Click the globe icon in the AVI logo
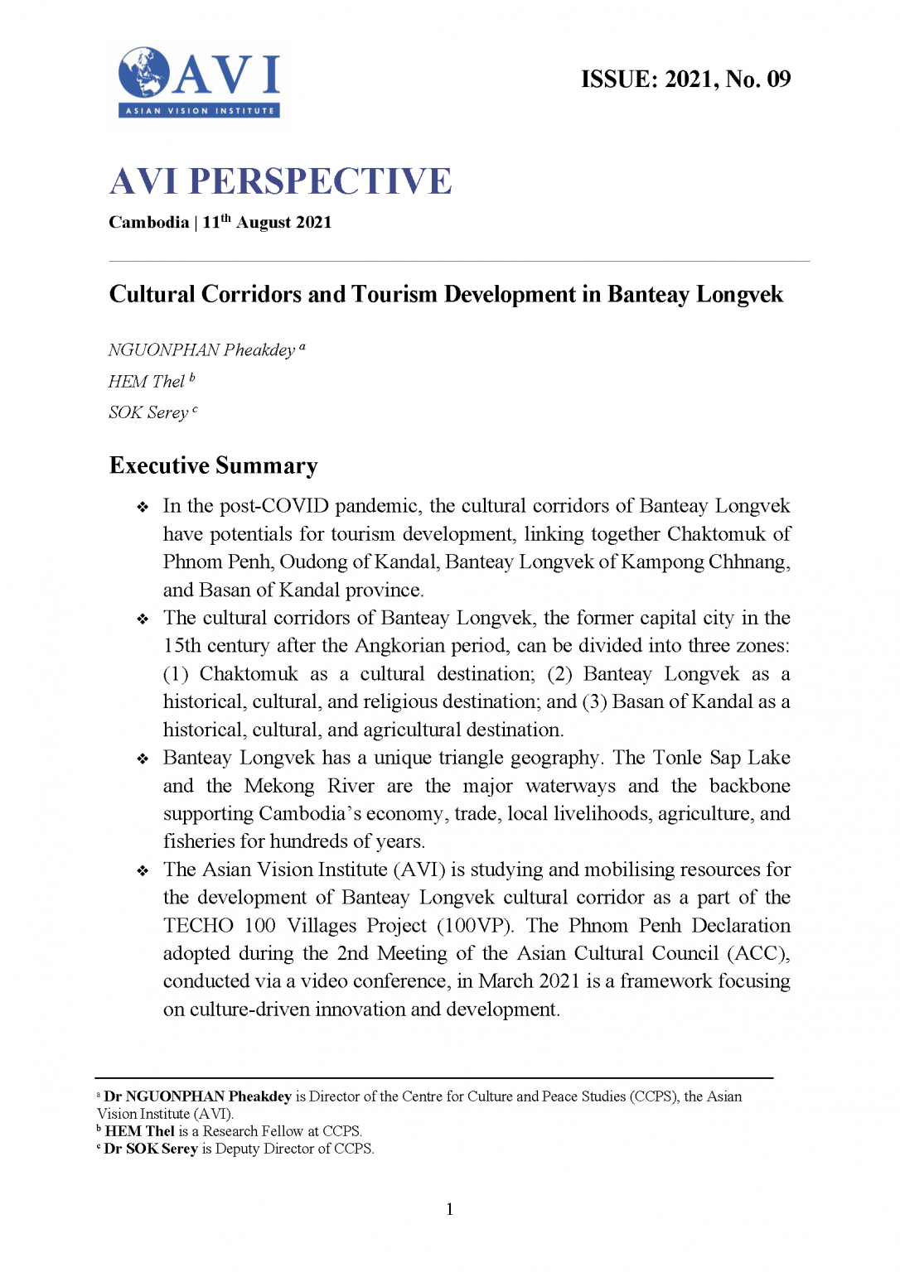[x=143, y=73]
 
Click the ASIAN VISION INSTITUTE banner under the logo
[x=199, y=110]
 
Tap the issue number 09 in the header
[x=778, y=79]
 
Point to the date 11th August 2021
[x=267, y=222]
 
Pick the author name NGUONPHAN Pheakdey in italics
[x=201, y=350]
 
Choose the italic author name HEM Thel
[x=147, y=382]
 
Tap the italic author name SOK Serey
[x=148, y=412]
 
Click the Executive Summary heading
[x=213, y=465]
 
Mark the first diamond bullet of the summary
[x=143, y=507]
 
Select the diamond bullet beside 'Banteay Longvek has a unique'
[x=143, y=759]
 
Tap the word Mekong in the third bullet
[x=279, y=786]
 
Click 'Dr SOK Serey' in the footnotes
[x=151, y=1149]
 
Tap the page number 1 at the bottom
[x=450, y=1209]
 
